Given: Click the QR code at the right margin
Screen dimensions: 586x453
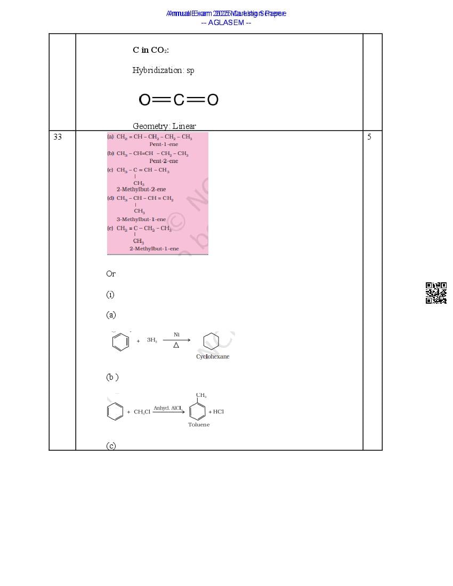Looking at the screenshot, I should point(436,293).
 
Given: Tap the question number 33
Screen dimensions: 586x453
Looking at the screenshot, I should point(58,137).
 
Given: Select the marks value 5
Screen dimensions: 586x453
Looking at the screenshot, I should point(369,137).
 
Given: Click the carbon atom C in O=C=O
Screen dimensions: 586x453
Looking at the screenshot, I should point(179,100).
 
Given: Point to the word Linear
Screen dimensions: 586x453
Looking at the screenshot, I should point(184,126).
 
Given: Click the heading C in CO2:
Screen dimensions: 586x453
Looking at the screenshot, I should point(151,50).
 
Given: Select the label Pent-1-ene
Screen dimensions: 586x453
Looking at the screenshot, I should point(164,144).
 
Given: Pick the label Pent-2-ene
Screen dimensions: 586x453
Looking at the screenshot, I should point(164,161).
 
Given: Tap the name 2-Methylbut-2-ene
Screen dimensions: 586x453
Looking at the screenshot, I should point(141,189).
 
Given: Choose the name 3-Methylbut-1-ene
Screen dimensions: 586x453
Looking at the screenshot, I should point(141,219).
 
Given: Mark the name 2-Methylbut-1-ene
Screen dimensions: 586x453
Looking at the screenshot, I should point(154,249).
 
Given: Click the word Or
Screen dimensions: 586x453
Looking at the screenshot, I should point(111,274).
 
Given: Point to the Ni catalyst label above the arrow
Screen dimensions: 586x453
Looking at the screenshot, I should point(176,335).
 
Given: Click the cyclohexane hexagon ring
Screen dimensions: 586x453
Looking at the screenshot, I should point(211,341).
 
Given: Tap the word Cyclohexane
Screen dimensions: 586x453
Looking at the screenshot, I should point(213,356).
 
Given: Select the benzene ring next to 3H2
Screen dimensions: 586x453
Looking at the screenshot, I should point(120,341).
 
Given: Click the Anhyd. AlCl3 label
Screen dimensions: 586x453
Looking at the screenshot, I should point(167,408).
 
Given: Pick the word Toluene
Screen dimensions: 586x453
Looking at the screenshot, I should point(199,425).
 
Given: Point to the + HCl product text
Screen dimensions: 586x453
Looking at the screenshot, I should point(216,412).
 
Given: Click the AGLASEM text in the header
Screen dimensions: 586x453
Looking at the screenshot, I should point(226,22).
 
